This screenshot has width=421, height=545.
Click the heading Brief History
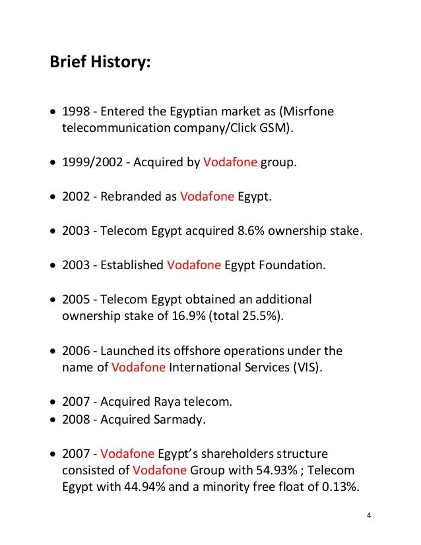point(100,65)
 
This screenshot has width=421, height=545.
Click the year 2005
point(75,300)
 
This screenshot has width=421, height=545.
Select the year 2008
point(75,419)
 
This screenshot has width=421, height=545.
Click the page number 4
point(370,515)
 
